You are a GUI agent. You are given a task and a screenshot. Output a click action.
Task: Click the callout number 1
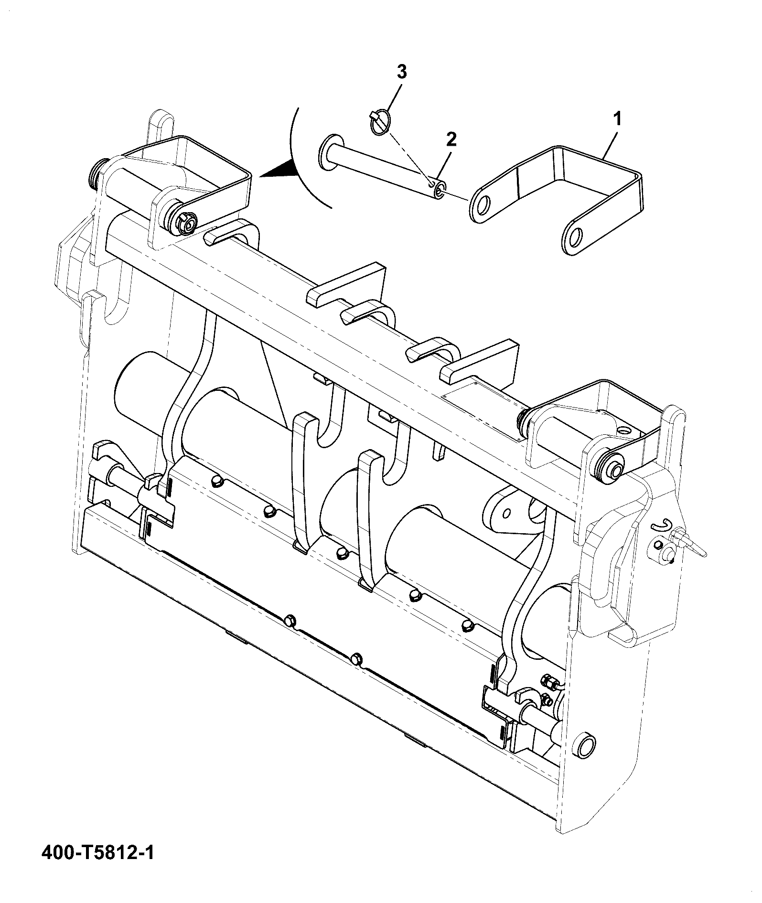[x=617, y=118]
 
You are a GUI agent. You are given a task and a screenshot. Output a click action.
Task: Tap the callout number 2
[x=451, y=139]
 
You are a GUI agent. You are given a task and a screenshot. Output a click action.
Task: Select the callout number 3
[x=402, y=73]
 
